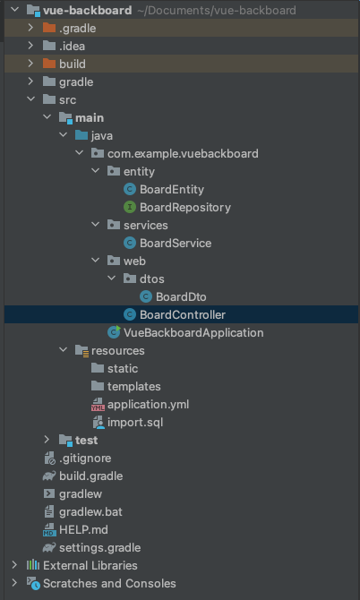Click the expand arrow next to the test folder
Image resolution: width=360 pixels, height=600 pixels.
click(x=47, y=440)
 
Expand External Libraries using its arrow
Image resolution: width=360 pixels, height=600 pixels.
click(x=14, y=565)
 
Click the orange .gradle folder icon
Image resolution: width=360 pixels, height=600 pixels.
click(x=49, y=28)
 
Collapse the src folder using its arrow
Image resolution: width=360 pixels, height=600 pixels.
click(x=30, y=99)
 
